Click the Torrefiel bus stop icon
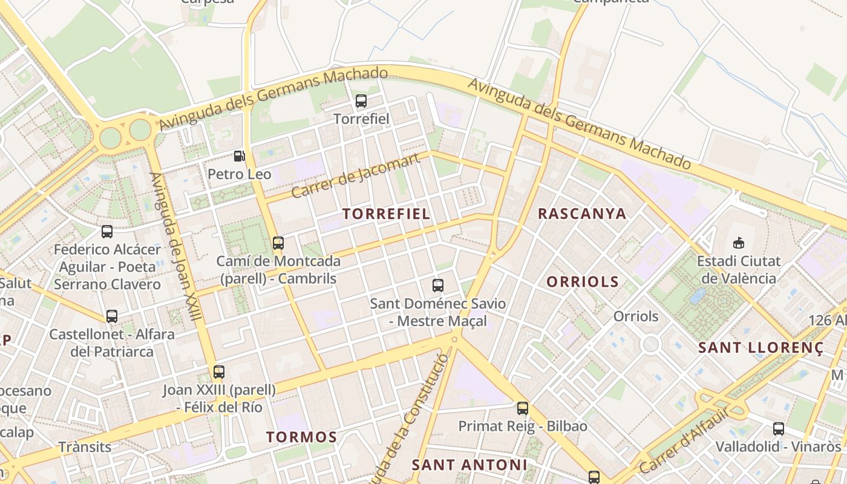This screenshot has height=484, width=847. click(361, 101)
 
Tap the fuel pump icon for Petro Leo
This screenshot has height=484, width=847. click(240, 156)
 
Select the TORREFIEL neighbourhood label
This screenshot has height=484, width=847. click(387, 214)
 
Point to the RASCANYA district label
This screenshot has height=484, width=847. click(582, 214)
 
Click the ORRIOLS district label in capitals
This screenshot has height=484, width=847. click(583, 281)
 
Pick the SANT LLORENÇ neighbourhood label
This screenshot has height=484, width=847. click(760, 348)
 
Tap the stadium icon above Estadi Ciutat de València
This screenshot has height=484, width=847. click(738, 243)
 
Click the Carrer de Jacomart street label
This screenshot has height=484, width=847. click(355, 176)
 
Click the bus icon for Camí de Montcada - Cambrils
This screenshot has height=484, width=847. click(278, 243)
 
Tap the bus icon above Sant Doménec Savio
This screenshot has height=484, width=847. click(438, 286)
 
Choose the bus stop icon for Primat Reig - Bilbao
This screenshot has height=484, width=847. click(523, 408)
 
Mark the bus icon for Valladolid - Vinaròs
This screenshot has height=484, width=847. click(779, 429)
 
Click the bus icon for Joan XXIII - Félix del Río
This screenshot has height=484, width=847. click(219, 372)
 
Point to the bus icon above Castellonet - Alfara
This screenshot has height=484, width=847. click(112, 316)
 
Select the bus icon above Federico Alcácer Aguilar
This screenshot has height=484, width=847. click(107, 231)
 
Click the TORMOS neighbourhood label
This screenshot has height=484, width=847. click(301, 437)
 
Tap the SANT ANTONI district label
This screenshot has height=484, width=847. click(469, 465)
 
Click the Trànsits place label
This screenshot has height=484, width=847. click(85, 447)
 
